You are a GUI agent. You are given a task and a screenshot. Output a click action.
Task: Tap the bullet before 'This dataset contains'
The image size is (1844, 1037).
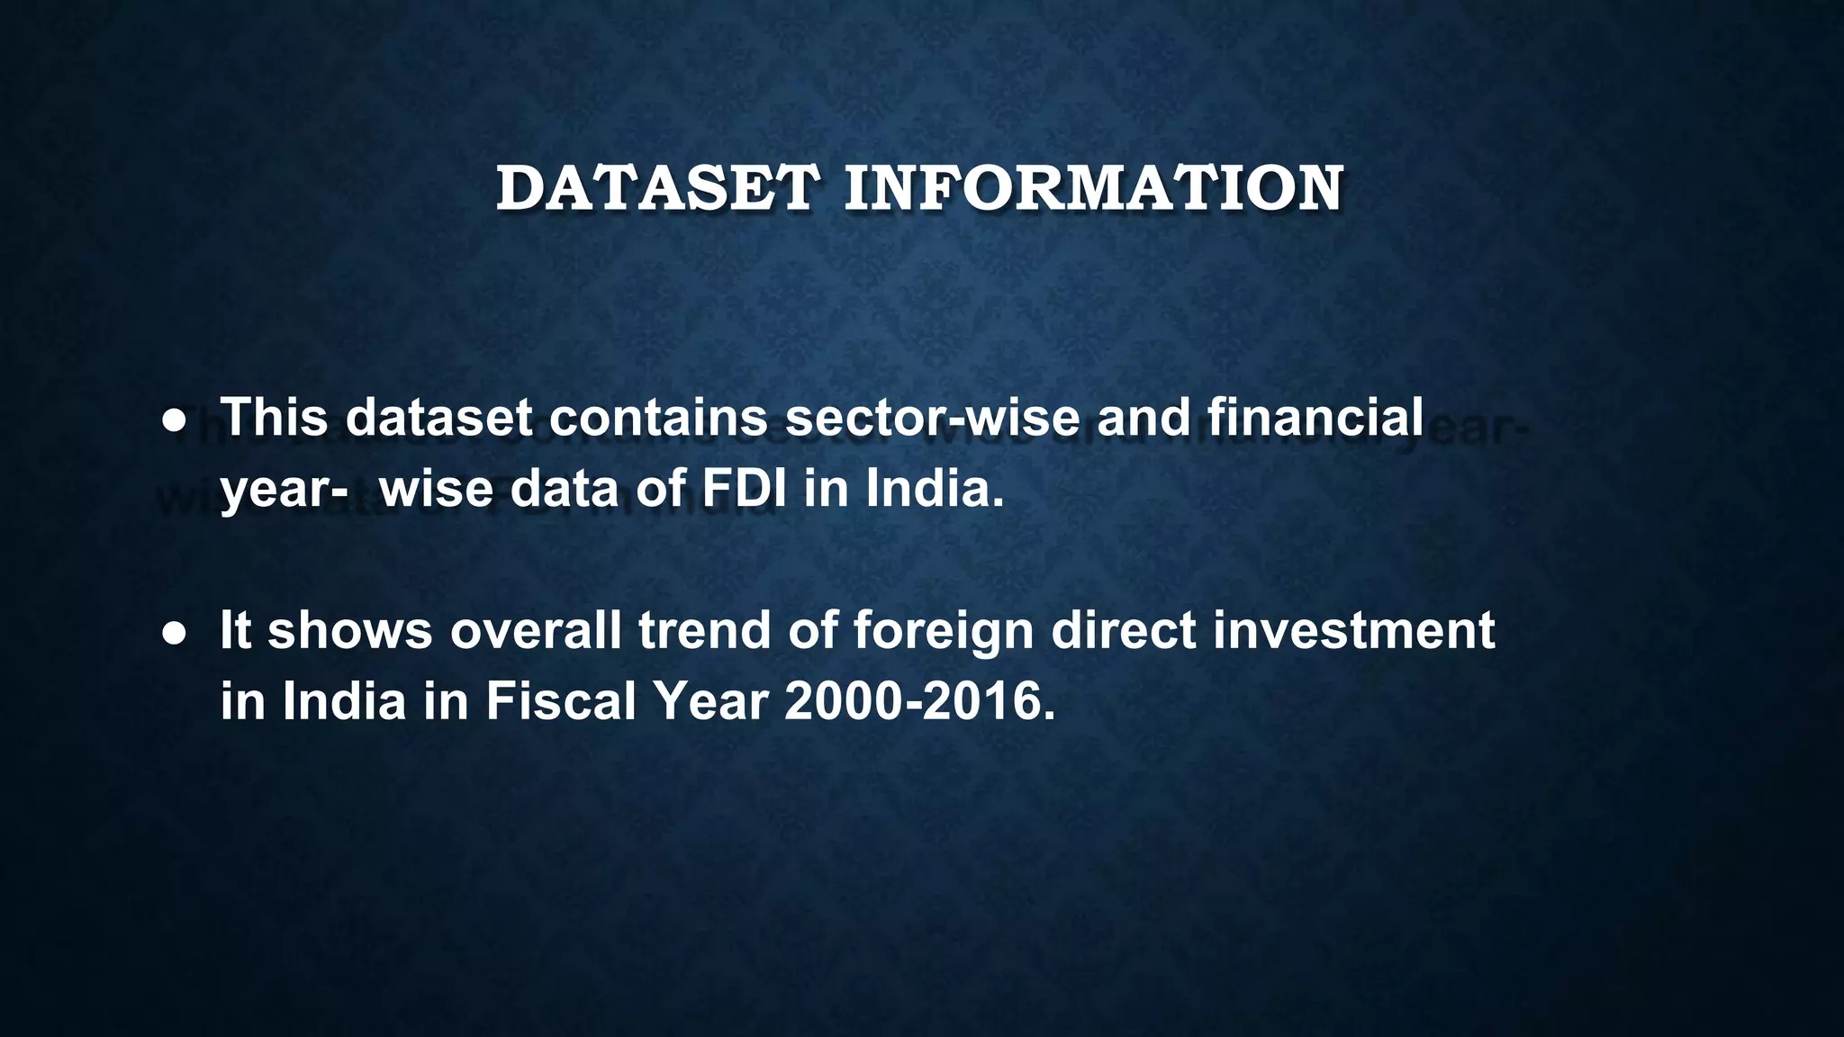[174, 420]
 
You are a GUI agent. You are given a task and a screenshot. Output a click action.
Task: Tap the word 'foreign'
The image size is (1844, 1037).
[943, 632]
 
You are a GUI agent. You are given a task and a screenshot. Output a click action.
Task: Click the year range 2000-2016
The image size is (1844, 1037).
[919, 701]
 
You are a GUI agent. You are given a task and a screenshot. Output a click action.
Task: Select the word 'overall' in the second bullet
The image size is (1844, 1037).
[536, 630]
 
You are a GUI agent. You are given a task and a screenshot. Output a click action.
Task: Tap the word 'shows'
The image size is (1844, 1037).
[350, 630]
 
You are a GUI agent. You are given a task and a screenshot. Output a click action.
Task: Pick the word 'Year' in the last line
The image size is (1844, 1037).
[710, 701]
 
